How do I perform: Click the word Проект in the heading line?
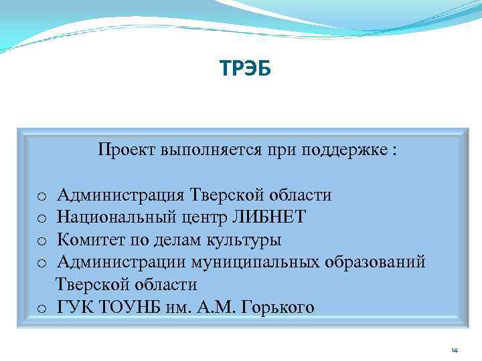(x=127, y=149)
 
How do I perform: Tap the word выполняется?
(x=203, y=149)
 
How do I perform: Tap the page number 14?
(x=455, y=350)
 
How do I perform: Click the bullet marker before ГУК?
(x=41, y=308)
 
